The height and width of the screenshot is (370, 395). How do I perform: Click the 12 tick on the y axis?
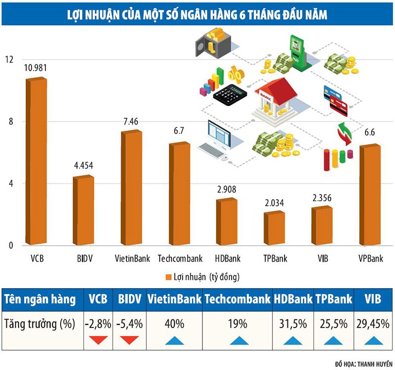9,59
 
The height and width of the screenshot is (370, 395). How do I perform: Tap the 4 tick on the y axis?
9,184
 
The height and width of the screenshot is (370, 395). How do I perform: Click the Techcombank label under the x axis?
180,258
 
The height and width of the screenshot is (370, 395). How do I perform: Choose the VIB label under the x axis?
322,258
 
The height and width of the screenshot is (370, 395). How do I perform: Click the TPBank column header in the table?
334,299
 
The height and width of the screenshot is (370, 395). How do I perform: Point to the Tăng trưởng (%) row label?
39,324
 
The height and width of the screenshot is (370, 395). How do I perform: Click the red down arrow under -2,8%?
99,340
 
